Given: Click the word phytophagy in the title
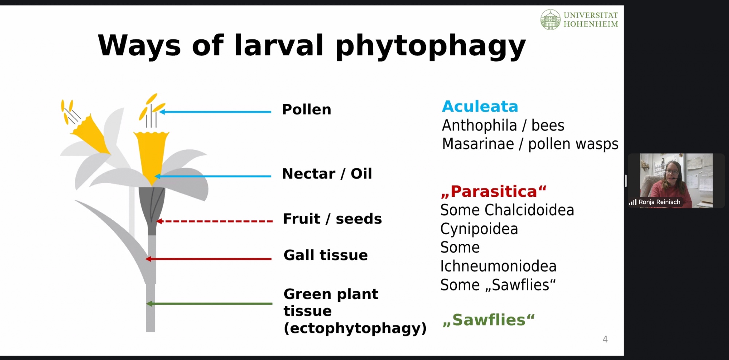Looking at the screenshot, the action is [x=430, y=46].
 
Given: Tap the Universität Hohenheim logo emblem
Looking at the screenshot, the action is [x=550, y=20].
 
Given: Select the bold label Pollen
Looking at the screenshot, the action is [x=307, y=109].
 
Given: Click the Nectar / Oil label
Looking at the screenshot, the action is [x=327, y=173].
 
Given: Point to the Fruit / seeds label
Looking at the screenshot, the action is [x=332, y=219].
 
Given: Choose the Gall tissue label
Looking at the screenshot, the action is [x=325, y=255].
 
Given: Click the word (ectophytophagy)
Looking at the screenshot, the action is [x=355, y=328].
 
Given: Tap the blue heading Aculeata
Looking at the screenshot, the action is [x=480, y=106].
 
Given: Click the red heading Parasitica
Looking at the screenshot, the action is [x=494, y=191].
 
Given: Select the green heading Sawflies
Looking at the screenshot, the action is [x=489, y=320].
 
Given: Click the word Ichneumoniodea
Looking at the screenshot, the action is [x=498, y=266].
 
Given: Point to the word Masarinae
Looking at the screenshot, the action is [x=478, y=144].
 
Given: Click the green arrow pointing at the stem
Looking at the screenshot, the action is [x=209, y=304].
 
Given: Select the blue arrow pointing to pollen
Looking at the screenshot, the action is [x=215, y=112].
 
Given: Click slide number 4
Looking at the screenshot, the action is [x=605, y=339].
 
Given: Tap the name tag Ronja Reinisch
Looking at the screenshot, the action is [x=659, y=202].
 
